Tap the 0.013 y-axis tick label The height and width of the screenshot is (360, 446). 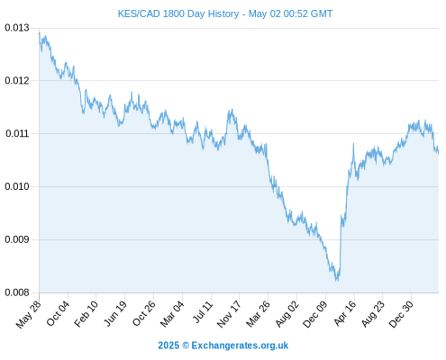click(17, 28)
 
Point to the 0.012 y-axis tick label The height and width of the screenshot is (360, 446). click(17, 81)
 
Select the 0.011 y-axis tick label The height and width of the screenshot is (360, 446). click(17, 133)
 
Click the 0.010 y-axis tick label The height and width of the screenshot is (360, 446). click(17, 186)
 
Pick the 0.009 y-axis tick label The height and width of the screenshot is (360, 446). click(17, 239)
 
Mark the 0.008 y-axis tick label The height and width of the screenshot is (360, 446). click(17, 292)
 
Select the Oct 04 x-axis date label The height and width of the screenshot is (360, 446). click(58, 313)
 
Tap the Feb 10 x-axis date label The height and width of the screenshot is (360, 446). click(86, 313)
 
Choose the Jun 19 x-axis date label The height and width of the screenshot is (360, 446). click(115, 313)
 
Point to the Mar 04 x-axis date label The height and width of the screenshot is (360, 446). click(172, 314)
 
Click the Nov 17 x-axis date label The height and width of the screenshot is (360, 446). click(229, 314)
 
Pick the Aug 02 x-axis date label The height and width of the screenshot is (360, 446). click(287, 314)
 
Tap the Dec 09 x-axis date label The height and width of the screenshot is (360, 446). click(315, 314)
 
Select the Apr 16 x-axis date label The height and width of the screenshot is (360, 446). click(344, 313)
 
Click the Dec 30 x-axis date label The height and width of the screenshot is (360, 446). click(401, 314)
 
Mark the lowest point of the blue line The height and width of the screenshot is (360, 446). click(336, 281)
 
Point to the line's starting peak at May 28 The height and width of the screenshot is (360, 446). click(40, 32)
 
